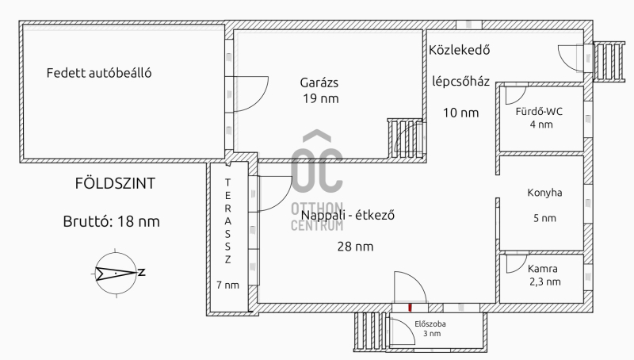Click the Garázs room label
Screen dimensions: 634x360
point(319,83)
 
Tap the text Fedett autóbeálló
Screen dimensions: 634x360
point(99,73)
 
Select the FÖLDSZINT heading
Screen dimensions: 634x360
point(115,184)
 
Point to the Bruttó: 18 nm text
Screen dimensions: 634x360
point(112,222)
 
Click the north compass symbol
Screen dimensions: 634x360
point(116,274)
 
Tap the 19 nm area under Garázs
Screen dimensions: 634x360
point(321,98)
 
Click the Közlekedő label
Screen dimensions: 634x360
point(460,50)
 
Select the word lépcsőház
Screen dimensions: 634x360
point(461,82)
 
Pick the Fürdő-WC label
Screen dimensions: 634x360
point(539,112)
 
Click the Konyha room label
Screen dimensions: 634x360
point(544,193)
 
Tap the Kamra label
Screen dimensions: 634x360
point(543,269)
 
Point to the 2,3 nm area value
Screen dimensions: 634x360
point(545,282)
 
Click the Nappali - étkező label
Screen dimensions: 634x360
point(348,215)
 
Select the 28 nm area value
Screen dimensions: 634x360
point(355,247)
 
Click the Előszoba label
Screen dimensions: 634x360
point(430,324)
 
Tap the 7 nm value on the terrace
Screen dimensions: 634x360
point(227,285)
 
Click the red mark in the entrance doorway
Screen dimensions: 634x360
point(410,308)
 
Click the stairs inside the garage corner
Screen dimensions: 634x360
point(405,139)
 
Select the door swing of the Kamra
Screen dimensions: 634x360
point(517,263)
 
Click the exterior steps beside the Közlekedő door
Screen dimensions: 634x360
point(609,62)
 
